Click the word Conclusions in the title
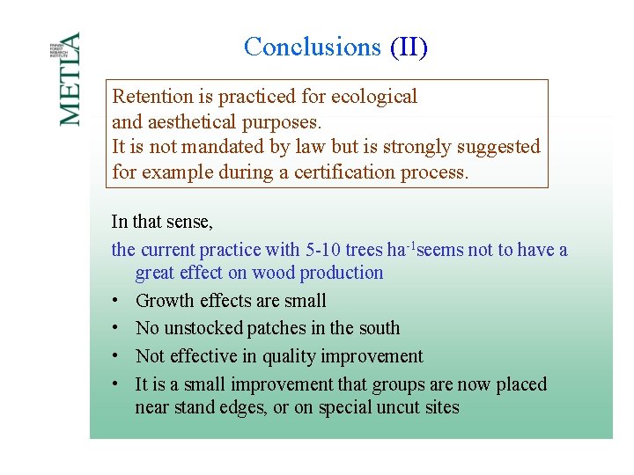(x=312, y=47)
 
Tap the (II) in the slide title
(x=409, y=47)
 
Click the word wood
(x=274, y=273)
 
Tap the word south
(x=379, y=328)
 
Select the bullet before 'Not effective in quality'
(x=116, y=357)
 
